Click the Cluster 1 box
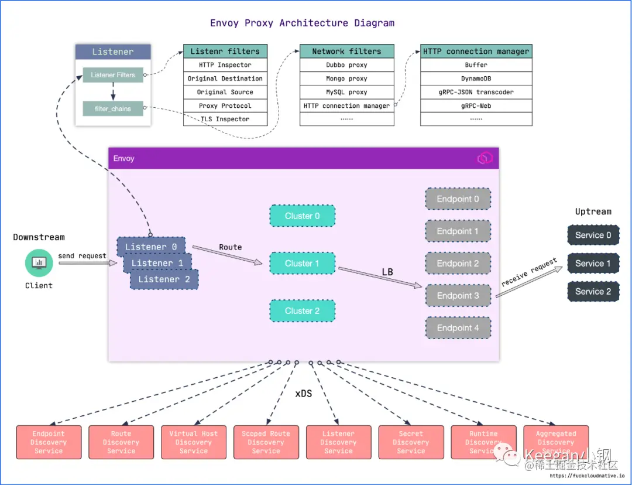(302, 263)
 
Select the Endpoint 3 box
(458, 296)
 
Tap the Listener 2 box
(164, 279)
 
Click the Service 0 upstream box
(593, 235)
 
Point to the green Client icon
(39, 263)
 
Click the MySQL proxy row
(346, 92)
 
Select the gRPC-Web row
(476, 105)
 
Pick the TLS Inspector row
(225, 119)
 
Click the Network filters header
(346, 51)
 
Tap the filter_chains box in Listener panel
(113, 109)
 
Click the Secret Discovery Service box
(411, 442)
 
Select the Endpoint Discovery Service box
(49, 442)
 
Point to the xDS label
(303, 394)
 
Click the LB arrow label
(387, 272)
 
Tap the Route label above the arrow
(230, 247)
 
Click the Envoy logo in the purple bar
(485, 158)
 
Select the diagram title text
(302, 23)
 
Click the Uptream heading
(593, 211)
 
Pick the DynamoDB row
(476, 78)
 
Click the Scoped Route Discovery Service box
(266, 442)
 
